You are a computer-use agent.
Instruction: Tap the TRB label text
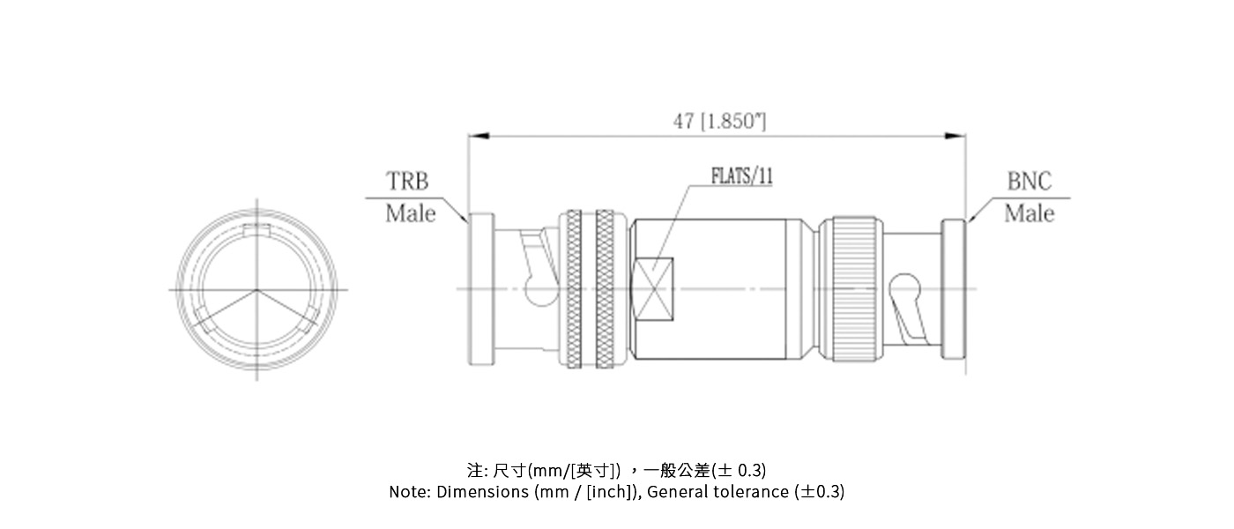click(x=408, y=182)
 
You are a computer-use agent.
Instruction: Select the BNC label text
click(x=1029, y=182)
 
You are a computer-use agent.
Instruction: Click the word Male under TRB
click(x=410, y=213)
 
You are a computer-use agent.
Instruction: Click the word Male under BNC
click(x=1029, y=213)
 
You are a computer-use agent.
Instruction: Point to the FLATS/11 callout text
click(x=742, y=175)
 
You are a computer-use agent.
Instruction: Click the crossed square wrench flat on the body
click(x=654, y=288)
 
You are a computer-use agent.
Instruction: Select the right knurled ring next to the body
click(x=606, y=288)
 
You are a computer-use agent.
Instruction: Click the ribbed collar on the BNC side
click(x=853, y=288)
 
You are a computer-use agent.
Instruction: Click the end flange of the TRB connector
click(x=481, y=288)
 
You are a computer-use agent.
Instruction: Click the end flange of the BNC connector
click(x=954, y=288)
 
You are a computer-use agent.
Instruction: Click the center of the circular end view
click(x=256, y=289)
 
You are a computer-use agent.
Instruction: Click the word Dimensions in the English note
click(x=483, y=492)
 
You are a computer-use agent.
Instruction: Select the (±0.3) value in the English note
click(x=819, y=492)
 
